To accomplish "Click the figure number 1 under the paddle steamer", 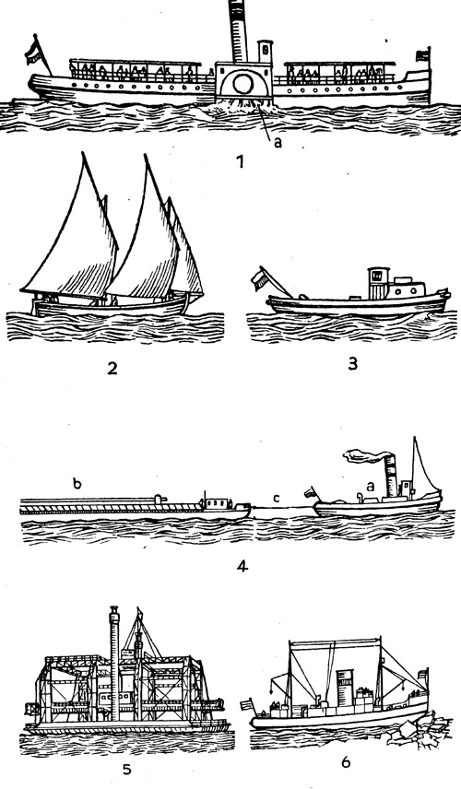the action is [240, 162].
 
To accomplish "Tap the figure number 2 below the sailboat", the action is [112, 369].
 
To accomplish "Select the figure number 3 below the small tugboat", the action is [353, 363].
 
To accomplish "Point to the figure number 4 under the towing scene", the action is [242, 566].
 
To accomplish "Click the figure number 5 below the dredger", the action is [127, 770].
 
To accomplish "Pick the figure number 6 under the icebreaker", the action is [346, 762].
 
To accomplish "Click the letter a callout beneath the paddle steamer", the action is [278, 143].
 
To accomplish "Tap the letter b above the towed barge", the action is [77, 484].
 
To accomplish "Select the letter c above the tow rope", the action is [277, 498].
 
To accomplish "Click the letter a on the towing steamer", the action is [371, 486].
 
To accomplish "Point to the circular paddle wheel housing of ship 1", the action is [244, 84].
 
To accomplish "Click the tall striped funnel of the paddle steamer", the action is [238, 30].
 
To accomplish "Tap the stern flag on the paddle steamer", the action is [33, 52].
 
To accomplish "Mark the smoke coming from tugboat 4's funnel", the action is [367, 455].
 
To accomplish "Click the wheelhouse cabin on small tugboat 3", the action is [378, 283].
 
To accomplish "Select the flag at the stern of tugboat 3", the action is [261, 278].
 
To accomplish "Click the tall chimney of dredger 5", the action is [114, 664].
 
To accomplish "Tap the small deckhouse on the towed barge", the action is [217, 502].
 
